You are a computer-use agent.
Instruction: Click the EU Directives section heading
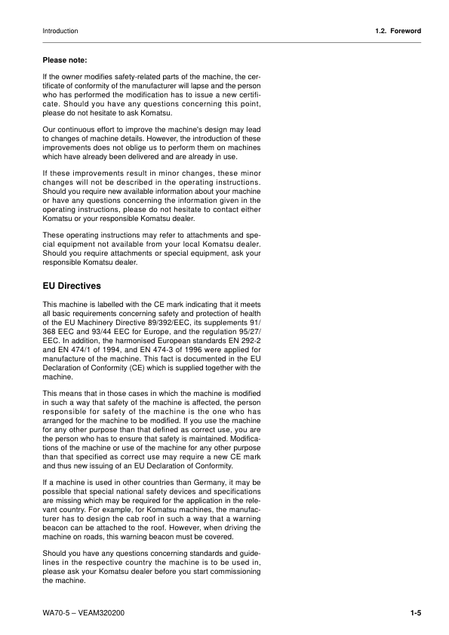click(76, 287)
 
